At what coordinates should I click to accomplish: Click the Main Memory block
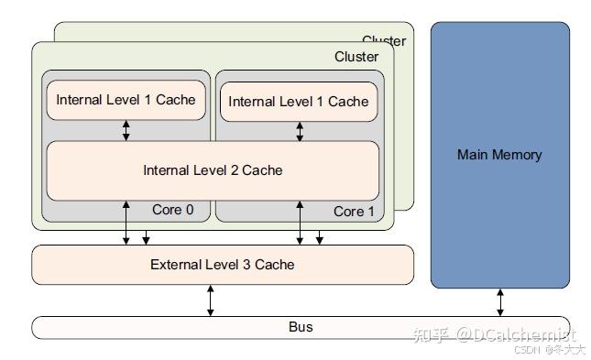pyautogui.click(x=499, y=155)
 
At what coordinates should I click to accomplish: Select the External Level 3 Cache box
pyautogui.click(x=223, y=265)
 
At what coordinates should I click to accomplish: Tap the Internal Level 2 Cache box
pyautogui.click(x=213, y=170)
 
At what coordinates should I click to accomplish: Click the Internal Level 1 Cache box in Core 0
pyautogui.click(x=126, y=99)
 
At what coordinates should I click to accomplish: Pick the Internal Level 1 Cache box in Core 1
pyautogui.click(x=298, y=102)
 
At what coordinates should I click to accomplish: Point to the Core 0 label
pyautogui.click(x=172, y=210)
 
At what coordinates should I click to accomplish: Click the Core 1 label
pyautogui.click(x=354, y=212)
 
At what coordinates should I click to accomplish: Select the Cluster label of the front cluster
pyautogui.click(x=356, y=57)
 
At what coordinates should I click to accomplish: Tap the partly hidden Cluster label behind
pyautogui.click(x=383, y=40)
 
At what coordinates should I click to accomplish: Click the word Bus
pyautogui.click(x=301, y=327)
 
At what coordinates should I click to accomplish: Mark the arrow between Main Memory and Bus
pyautogui.click(x=499, y=301)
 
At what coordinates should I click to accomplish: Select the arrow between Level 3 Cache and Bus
pyautogui.click(x=210, y=300)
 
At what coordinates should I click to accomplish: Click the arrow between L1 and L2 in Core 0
pyautogui.click(x=126, y=129)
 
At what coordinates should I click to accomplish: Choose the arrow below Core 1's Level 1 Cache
pyautogui.click(x=300, y=131)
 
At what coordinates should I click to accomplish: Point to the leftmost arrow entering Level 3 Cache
pyautogui.click(x=126, y=224)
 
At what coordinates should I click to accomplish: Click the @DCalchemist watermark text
pyautogui.click(x=517, y=334)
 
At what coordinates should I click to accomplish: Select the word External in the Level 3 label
pyautogui.click(x=175, y=265)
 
